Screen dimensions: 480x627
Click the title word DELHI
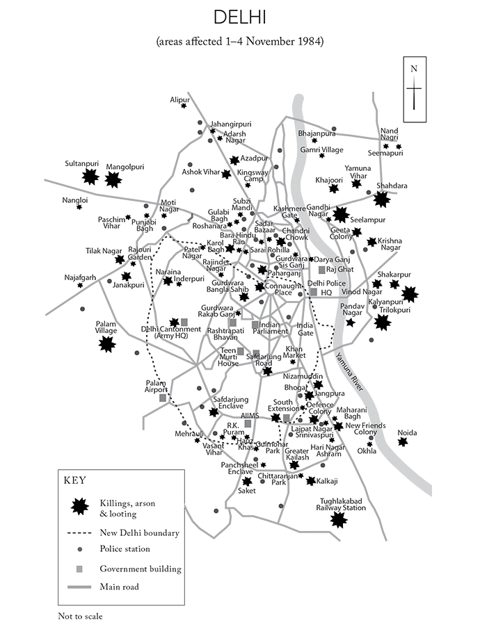point(240,17)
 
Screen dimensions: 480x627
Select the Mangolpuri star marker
point(113,180)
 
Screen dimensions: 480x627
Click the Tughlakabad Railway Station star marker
point(339,519)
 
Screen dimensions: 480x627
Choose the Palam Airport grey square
point(163,398)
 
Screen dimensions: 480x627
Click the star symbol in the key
point(80,507)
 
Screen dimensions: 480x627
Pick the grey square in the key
point(80,569)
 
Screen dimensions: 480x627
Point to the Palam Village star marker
point(107,343)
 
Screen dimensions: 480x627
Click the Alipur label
point(179,99)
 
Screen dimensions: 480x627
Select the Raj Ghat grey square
point(321,269)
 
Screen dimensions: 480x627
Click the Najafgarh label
point(79,276)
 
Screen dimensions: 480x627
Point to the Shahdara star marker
point(381,199)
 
